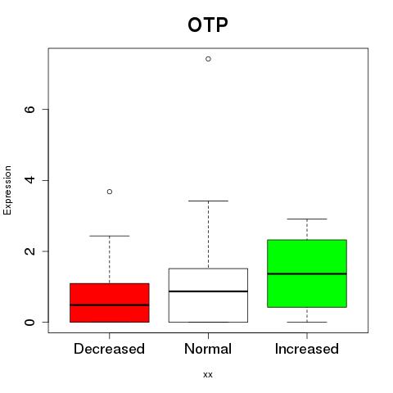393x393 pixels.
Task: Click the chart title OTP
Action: tap(208, 25)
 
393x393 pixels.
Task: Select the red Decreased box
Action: tap(110, 303)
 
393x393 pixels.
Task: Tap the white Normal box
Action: tap(208, 296)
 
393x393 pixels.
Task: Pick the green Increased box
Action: tap(307, 273)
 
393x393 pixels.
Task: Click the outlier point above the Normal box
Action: tap(208, 59)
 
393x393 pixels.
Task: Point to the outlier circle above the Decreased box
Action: tap(110, 192)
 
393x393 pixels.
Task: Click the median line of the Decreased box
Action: tap(110, 305)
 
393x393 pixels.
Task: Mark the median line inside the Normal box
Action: tap(208, 291)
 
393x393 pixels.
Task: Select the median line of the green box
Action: tap(307, 273)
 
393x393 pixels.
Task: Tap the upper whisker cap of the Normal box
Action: tap(208, 201)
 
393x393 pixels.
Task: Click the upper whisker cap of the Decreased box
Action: tap(110, 236)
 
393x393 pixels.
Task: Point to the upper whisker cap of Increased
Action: tap(307, 219)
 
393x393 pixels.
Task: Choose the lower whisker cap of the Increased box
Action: tap(307, 322)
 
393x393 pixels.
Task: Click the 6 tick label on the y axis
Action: tap(29, 109)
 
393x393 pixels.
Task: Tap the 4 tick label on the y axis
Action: tap(29, 180)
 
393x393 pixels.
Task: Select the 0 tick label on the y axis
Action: tap(29, 322)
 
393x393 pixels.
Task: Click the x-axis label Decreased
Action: tap(109, 349)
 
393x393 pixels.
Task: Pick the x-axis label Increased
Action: tap(307, 349)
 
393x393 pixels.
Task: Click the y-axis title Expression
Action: tap(7, 190)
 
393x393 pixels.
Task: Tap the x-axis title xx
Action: tap(208, 375)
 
